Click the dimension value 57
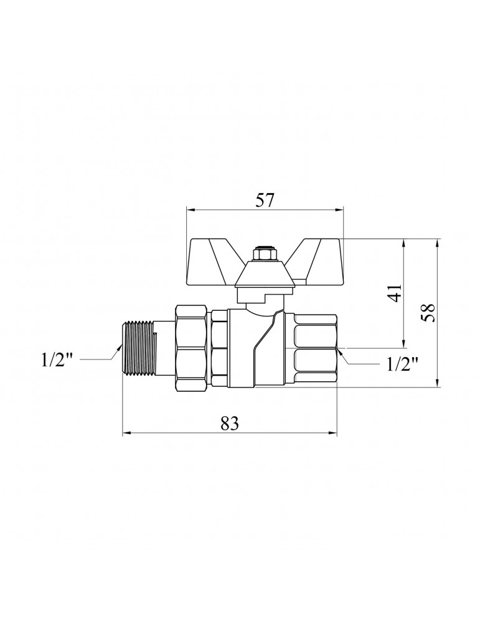(x=265, y=200)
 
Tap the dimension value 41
(x=396, y=293)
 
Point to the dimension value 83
(x=230, y=424)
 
